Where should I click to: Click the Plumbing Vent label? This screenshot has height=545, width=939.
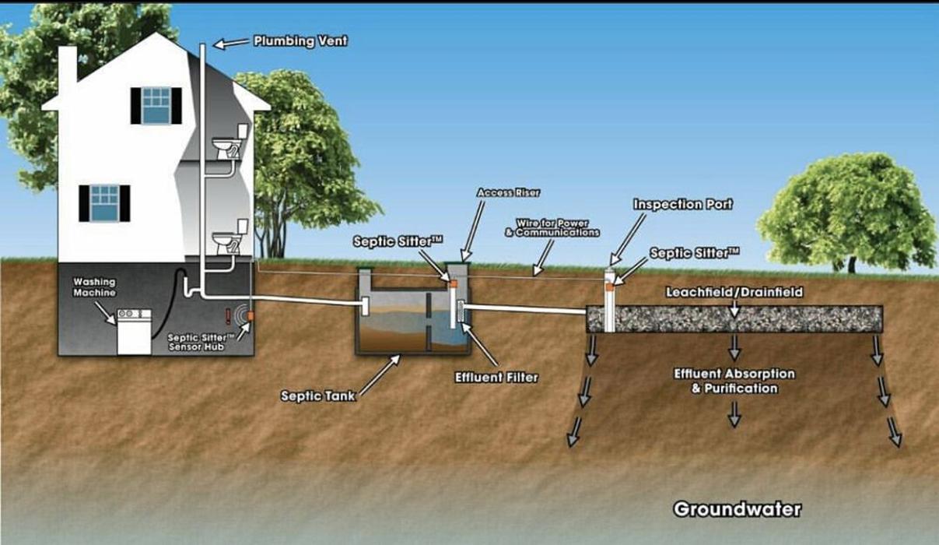[x=300, y=41]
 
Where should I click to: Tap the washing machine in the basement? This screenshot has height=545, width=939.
[x=134, y=332]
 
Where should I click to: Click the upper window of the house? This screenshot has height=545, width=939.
[x=156, y=106]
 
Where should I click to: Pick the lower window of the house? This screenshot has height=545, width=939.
[x=104, y=203]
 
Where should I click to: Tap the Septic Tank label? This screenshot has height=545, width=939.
[x=318, y=396]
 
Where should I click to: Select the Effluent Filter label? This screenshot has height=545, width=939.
[x=496, y=378]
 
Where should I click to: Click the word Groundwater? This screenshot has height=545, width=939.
[x=737, y=509]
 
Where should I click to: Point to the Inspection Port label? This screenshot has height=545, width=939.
[x=683, y=204]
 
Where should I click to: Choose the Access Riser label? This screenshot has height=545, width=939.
[x=508, y=192]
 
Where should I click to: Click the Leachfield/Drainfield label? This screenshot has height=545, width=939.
[x=734, y=292]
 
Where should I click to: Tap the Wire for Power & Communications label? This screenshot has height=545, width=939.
[x=552, y=228]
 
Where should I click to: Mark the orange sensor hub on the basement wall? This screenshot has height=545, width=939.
[x=251, y=315]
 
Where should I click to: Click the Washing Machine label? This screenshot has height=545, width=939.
[x=94, y=287]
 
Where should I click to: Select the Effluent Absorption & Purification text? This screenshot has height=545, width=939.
[x=734, y=381]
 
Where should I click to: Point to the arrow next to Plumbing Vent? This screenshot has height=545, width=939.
[x=231, y=43]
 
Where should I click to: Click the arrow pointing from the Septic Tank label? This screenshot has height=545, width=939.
[x=380, y=375]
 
